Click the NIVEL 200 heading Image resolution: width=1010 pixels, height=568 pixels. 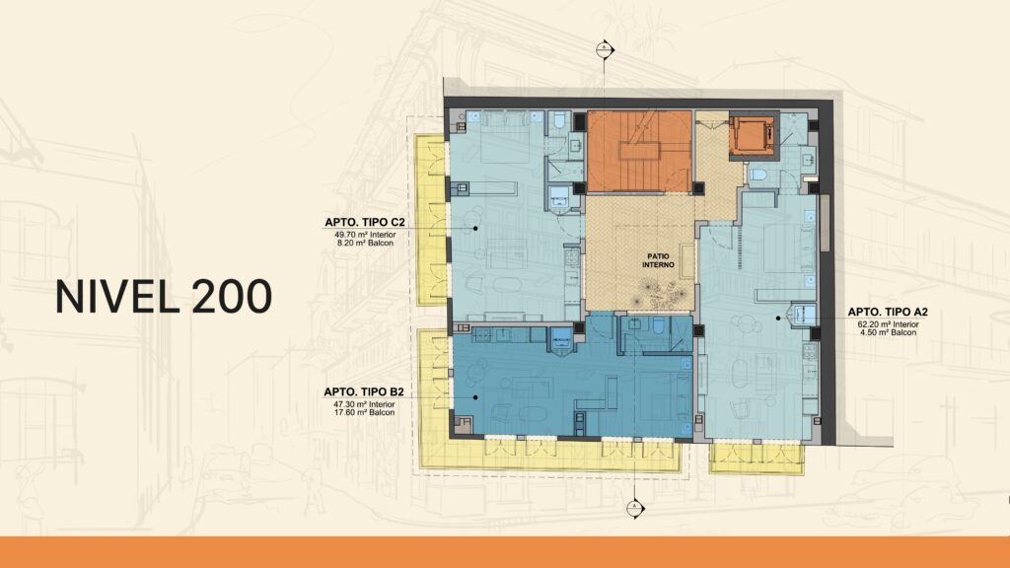[164, 297]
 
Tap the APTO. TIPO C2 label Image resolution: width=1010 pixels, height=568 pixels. [365, 222]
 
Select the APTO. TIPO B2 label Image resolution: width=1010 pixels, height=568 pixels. [364, 391]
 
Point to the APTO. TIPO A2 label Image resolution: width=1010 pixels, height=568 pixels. [888, 312]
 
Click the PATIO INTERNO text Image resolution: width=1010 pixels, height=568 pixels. [658, 260]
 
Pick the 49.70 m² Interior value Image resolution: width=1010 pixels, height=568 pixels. [365, 235]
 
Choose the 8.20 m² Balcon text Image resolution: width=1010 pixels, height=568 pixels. [365, 243]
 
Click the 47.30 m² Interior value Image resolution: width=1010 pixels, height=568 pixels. [364, 403]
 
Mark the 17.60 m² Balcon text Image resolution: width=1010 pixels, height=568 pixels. [364, 412]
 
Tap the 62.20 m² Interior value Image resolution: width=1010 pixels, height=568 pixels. [888, 324]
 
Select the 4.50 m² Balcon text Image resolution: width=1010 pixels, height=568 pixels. [888, 332]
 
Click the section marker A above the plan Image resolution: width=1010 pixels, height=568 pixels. [605, 49]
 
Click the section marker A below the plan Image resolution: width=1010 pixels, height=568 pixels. [635, 509]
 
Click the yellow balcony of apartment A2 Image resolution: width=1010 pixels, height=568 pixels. [757, 459]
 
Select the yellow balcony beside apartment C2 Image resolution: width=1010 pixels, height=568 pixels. [431, 220]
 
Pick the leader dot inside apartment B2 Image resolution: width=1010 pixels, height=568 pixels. [475, 397]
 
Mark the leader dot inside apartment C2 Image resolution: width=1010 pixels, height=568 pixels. [475, 228]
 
